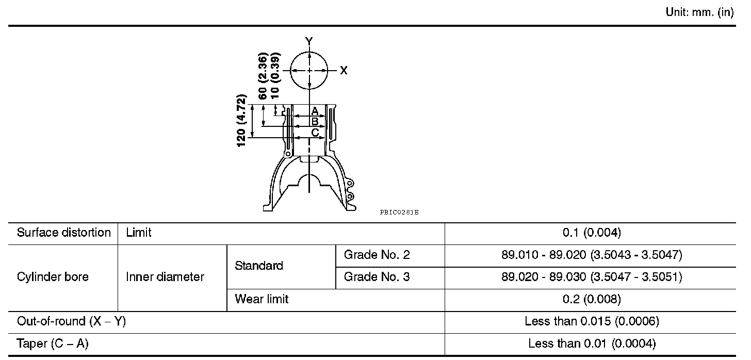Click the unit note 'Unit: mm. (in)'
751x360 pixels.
(x=700, y=12)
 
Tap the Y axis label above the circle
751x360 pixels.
(x=309, y=41)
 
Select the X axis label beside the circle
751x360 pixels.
(x=344, y=70)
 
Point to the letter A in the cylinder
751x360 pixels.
(x=315, y=111)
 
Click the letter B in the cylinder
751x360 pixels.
(x=315, y=121)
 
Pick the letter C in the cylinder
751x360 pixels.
(x=315, y=133)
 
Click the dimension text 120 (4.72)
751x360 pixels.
(x=241, y=121)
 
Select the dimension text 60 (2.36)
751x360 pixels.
(x=263, y=76)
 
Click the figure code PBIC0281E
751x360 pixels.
(x=399, y=212)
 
